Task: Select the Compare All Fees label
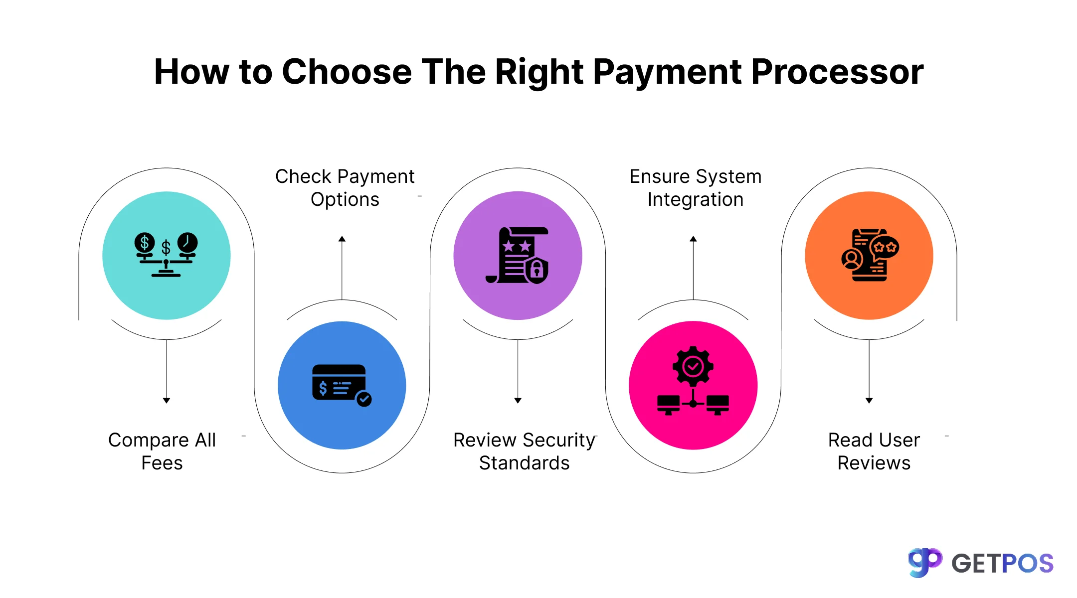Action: pos(162,451)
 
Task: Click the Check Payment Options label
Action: pos(345,188)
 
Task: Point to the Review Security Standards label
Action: pos(524,451)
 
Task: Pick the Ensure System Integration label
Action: pos(695,188)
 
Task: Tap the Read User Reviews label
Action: pos(874,451)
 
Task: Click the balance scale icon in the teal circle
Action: pos(166,255)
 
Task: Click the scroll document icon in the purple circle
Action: pos(517,255)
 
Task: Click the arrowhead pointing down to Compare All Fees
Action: pos(167,400)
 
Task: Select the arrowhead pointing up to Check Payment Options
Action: pos(342,239)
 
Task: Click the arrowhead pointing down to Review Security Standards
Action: pos(518,400)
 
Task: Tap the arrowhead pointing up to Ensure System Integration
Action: pos(693,239)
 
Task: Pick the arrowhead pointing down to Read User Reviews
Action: pos(869,400)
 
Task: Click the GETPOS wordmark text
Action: pos(1002,564)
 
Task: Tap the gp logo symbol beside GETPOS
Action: pos(924,563)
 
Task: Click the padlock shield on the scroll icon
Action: pos(537,271)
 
